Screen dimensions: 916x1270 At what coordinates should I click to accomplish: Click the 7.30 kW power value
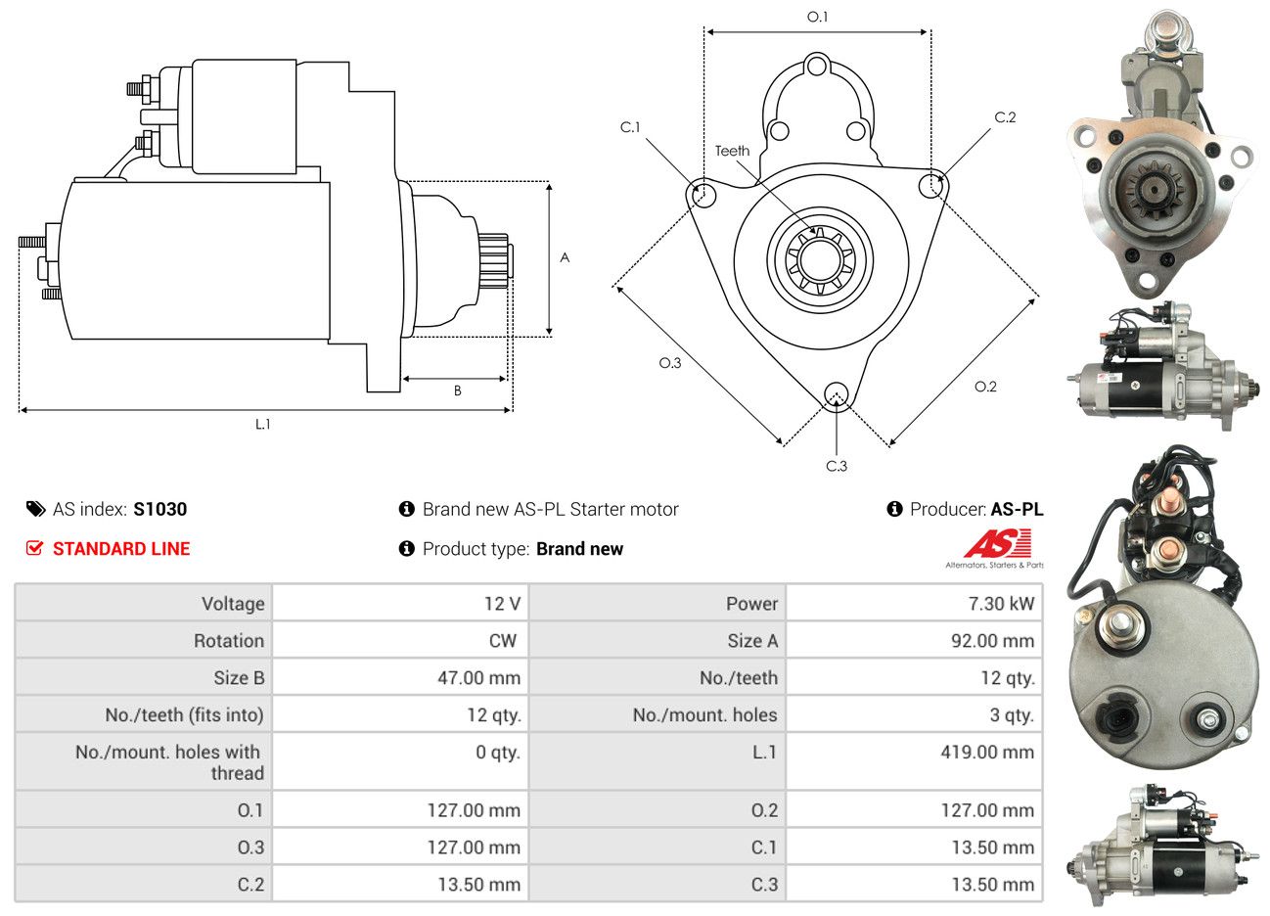[x=1000, y=604]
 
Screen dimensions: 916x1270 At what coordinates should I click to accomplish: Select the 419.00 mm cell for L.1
[x=992, y=753]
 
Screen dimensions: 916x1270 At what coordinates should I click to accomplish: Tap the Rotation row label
[x=228, y=641]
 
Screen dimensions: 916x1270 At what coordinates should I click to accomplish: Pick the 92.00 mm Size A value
[x=991, y=641]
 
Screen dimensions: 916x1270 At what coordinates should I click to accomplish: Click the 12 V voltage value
[x=502, y=604]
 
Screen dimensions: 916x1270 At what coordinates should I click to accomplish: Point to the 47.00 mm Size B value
[x=478, y=678]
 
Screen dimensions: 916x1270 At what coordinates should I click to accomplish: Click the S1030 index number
[x=160, y=509]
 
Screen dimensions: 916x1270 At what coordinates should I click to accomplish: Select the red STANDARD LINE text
[x=121, y=549]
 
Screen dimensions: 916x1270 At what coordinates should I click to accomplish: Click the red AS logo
[x=997, y=544]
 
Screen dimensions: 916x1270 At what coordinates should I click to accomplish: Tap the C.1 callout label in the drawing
[x=630, y=127]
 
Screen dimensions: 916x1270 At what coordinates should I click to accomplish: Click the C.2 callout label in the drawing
[x=1005, y=117]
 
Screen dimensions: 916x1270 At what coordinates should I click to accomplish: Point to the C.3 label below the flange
[x=837, y=466]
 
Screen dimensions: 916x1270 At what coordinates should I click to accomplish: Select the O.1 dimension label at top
[x=817, y=17]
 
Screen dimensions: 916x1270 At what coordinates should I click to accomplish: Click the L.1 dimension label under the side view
[x=262, y=424]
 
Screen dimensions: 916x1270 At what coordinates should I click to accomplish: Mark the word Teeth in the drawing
[x=732, y=151]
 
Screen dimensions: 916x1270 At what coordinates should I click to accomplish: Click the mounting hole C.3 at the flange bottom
[x=837, y=393]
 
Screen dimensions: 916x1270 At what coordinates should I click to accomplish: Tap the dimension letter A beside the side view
[x=565, y=257]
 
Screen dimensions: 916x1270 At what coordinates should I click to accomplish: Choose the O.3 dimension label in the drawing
[x=669, y=363]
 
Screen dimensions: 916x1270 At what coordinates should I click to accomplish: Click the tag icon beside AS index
[x=35, y=509]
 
